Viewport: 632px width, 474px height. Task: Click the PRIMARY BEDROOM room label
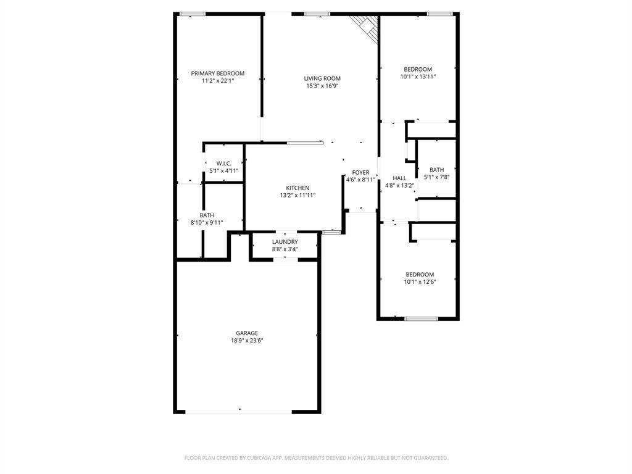(217, 73)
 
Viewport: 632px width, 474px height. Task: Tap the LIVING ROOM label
(322, 78)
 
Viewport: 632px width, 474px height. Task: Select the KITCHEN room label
(297, 188)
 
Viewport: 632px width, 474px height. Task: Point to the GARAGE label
(247, 333)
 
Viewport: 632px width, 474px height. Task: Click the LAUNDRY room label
(285, 242)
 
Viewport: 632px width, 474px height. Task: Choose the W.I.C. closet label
(223, 164)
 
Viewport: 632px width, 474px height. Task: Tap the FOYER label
(360, 173)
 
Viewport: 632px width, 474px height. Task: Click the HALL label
(399, 178)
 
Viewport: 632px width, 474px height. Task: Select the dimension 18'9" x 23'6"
(247, 341)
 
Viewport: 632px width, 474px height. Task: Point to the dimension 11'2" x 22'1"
(217, 81)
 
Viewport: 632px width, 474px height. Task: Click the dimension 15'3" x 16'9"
(322, 86)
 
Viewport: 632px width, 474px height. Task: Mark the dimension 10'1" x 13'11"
(418, 77)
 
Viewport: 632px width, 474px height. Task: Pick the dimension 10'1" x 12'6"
(419, 282)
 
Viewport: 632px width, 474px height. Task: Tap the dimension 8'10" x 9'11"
(207, 223)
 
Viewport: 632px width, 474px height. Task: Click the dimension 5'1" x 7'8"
(436, 177)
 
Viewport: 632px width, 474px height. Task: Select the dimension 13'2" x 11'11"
(297, 196)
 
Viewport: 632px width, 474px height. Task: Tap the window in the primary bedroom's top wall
(197, 14)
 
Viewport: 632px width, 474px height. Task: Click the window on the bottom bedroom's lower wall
(421, 318)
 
